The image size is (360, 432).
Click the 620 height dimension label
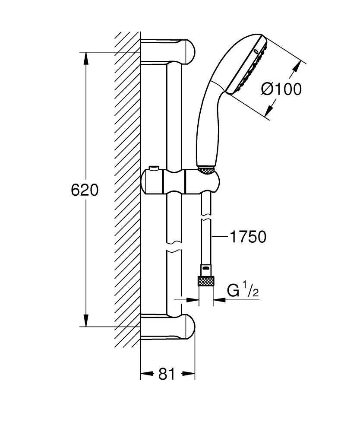85,190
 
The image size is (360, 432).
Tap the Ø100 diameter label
281,89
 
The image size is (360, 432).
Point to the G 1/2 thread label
243,291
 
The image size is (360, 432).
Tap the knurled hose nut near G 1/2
206,282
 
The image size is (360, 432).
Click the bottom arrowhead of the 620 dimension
86,321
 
